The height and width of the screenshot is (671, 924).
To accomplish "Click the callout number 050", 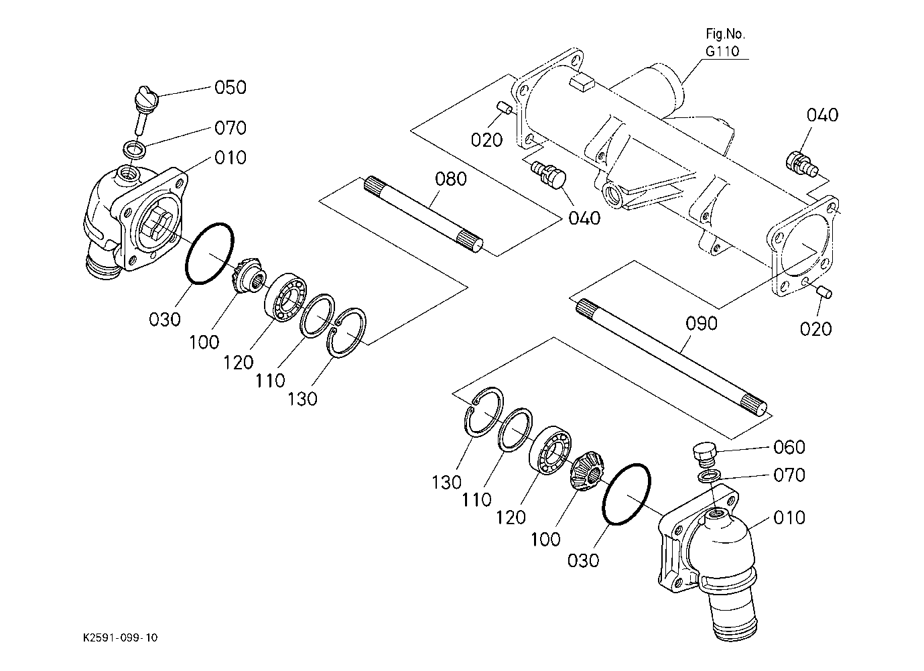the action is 230,88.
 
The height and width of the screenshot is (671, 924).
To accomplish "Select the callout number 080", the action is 451,179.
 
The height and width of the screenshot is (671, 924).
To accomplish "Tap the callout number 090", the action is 702,323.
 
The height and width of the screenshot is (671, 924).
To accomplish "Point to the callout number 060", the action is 789,447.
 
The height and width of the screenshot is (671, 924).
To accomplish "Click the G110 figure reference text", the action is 722,51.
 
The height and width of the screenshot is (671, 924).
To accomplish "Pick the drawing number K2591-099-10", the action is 120,637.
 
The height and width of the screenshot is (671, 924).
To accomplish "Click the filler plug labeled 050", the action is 145,109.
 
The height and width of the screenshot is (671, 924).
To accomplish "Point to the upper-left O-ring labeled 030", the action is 209,253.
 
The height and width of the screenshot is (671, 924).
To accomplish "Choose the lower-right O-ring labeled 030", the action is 626,494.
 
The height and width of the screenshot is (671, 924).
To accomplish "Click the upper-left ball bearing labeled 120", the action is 285,297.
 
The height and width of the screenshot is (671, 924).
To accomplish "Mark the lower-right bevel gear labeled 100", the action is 588,471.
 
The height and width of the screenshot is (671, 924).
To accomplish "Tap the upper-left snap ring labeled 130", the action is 346,332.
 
